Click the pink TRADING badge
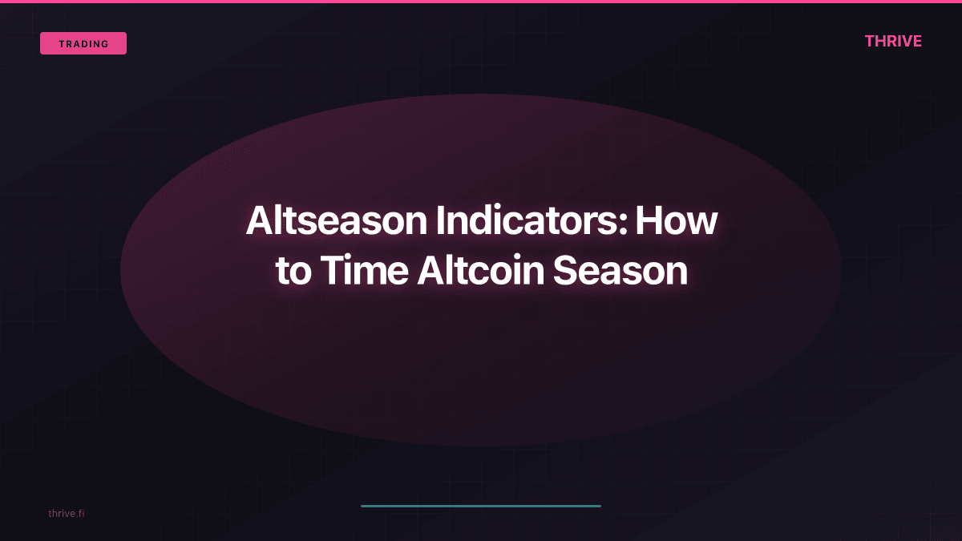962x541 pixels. pos(83,43)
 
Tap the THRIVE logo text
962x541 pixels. pos(893,42)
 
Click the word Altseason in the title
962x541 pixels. pos(337,220)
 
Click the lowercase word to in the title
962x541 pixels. pos(293,272)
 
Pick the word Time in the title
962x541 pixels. pos(364,272)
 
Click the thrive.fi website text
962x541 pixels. pos(66,513)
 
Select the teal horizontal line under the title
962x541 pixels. pos(481,506)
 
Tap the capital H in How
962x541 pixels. pos(649,220)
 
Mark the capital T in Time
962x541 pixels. pos(331,272)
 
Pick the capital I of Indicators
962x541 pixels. pos(440,220)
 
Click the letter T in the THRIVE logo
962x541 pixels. pos(870,42)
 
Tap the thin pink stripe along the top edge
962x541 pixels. pos(481,2)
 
